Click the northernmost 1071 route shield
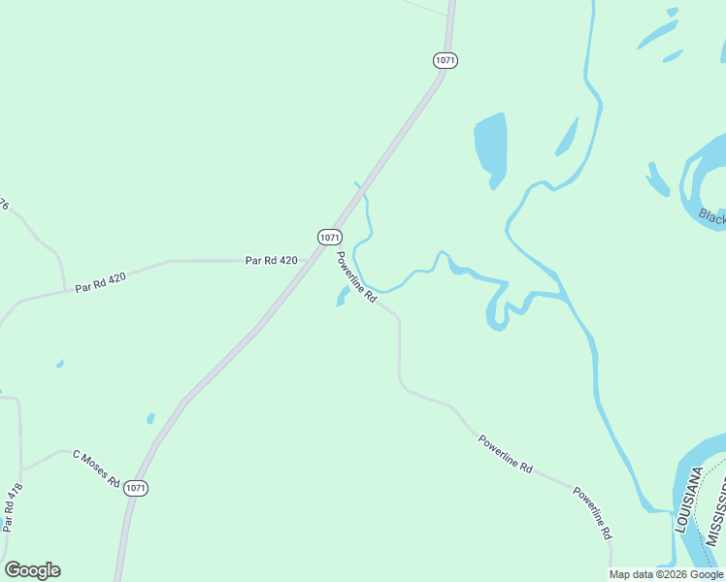click(x=445, y=60)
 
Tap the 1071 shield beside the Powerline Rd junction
click(x=329, y=237)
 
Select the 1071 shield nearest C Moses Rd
click(x=136, y=489)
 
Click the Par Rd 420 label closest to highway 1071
click(x=271, y=260)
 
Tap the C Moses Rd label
click(x=95, y=469)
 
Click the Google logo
click(x=32, y=570)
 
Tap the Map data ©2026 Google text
click(x=666, y=574)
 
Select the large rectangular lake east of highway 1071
click(x=490, y=145)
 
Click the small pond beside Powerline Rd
click(x=343, y=295)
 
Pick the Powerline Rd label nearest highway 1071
click(x=356, y=277)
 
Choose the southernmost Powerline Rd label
click(x=592, y=513)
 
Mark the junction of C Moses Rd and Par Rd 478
click(x=21, y=469)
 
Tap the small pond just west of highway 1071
click(x=150, y=418)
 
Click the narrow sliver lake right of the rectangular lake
click(x=567, y=138)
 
